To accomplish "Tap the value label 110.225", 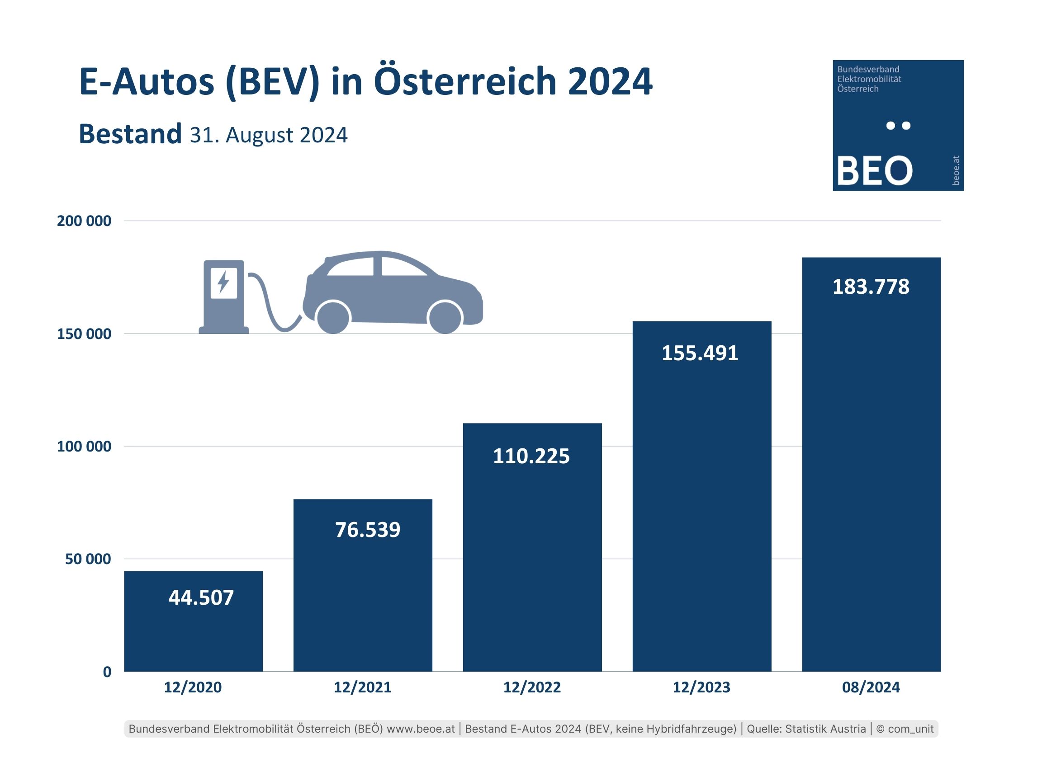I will (x=531, y=456).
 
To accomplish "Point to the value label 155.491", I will (x=700, y=353).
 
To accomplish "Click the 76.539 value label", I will (x=367, y=530).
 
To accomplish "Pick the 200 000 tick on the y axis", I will (x=84, y=221).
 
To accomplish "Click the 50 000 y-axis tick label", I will (x=88, y=559).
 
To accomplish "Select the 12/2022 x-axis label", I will (x=532, y=687).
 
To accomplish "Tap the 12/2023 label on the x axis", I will (x=701, y=687).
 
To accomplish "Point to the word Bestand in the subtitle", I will (x=130, y=134).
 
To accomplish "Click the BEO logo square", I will (x=898, y=125).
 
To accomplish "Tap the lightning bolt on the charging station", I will (x=223, y=282).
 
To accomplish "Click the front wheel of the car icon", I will (x=445, y=317).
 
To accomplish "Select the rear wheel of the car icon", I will (x=333, y=317).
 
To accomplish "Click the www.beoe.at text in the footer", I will (x=421, y=729).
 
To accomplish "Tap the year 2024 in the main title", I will (x=610, y=81).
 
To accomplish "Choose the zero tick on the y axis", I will (x=107, y=672).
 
